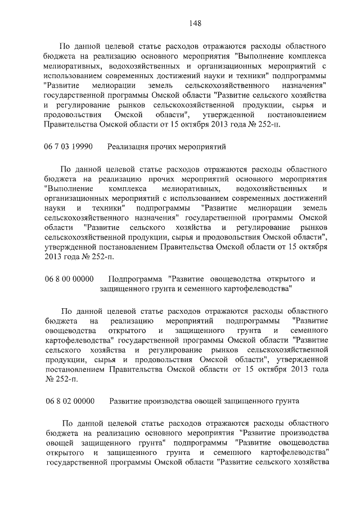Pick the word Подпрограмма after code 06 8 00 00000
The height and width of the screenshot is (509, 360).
coord(135,279)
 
